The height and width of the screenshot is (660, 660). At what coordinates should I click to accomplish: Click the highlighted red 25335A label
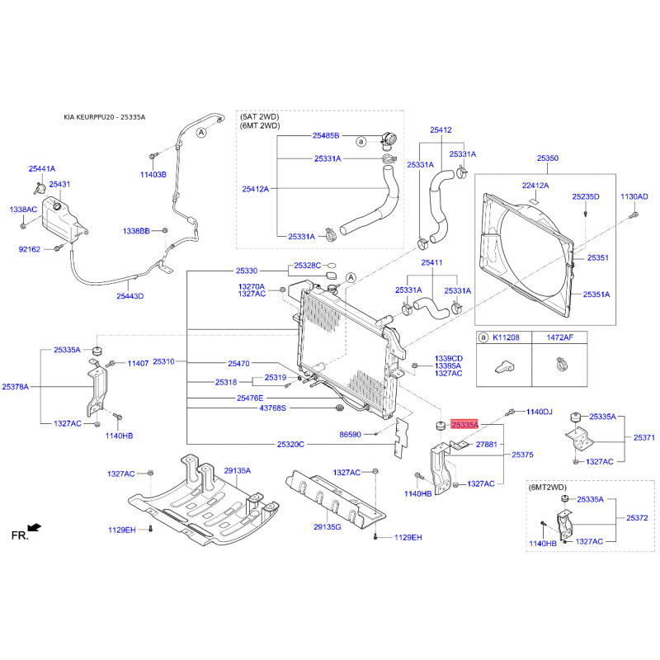(x=464, y=425)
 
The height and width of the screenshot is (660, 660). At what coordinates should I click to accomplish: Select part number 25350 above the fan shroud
(x=548, y=158)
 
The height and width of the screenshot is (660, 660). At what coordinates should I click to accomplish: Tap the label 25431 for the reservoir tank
(x=59, y=184)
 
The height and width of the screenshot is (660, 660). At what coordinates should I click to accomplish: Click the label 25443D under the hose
(x=130, y=296)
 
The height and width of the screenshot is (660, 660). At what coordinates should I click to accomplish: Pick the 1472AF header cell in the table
(x=560, y=337)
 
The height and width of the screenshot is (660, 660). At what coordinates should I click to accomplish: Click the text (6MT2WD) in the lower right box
(x=548, y=488)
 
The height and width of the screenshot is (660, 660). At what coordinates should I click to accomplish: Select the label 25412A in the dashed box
(x=256, y=189)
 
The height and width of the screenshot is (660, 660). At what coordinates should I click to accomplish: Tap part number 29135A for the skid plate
(x=238, y=470)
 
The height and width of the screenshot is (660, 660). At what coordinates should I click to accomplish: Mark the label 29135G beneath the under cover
(x=328, y=526)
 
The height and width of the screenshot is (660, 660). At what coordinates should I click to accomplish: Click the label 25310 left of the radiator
(x=163, y=361)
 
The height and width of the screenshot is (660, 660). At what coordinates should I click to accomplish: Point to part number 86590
(x=350, y=435)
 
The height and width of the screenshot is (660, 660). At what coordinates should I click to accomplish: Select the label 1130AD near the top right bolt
(x=634, y=196)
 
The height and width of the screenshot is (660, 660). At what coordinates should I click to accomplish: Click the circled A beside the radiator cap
(x=351, y=278)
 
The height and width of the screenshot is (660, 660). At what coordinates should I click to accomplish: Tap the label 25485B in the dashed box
(x=326, y=135)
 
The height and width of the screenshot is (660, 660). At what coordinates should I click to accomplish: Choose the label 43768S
(x=273, y=408)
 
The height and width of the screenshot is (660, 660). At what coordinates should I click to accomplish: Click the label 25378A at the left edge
(x=16, y=386)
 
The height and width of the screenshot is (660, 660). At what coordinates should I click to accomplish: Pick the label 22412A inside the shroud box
(x=535, y=186)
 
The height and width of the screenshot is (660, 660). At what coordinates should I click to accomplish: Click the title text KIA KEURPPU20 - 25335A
(x=105, y=117)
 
